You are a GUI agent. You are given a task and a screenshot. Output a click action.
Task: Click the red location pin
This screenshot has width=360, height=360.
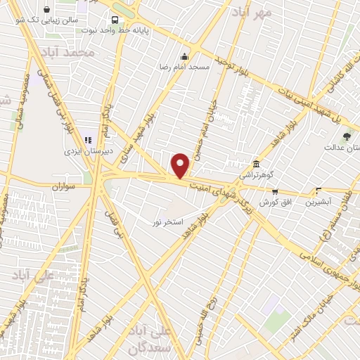[181, 165]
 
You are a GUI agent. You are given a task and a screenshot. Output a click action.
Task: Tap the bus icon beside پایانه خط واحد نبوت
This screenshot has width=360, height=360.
[115, 20]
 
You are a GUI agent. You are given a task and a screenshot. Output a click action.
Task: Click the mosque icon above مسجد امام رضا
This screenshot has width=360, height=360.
[185, 56]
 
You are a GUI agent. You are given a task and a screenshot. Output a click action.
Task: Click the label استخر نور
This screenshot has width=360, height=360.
[167, 222]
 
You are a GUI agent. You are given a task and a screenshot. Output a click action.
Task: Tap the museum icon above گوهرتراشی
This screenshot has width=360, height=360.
[256, 163]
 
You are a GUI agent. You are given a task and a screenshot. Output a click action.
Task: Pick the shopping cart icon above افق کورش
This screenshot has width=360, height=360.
[275, 191]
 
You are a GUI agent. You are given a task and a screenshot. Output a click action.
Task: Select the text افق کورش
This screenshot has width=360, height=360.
[275, 202]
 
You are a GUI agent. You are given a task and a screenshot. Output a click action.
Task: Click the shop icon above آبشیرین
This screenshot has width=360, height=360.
[319, 191]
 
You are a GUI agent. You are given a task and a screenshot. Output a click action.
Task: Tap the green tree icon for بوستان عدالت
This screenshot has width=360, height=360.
[346, 136]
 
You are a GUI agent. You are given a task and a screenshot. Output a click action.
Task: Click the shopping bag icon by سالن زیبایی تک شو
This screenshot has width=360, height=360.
[46, 10]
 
